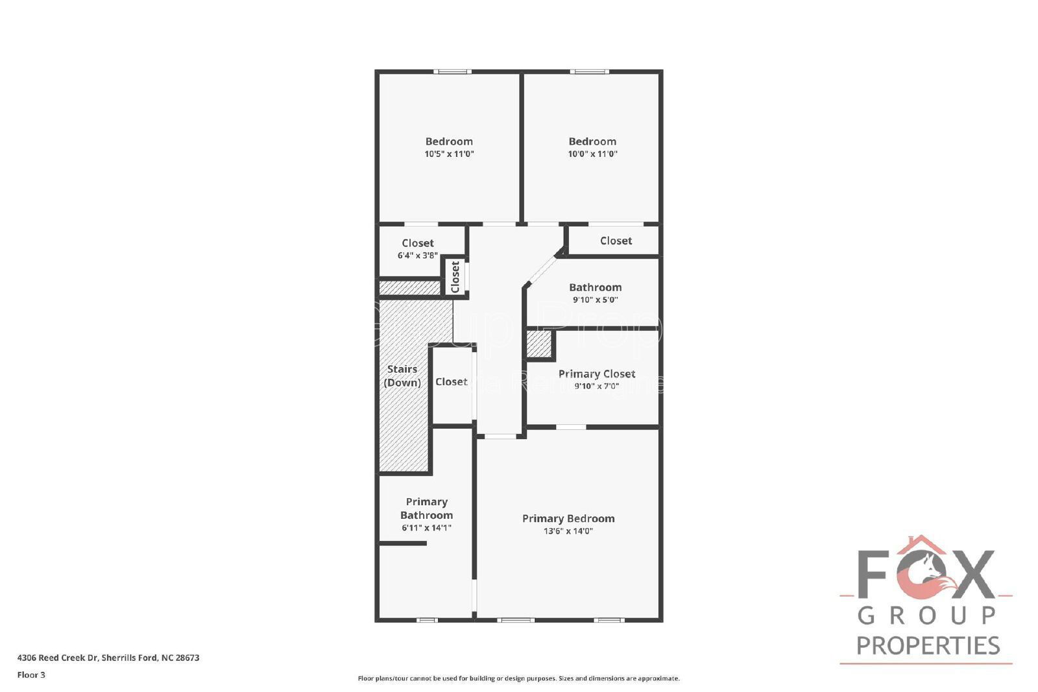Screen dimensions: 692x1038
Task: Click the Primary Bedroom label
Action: pyautogui.click(x=568, y=518)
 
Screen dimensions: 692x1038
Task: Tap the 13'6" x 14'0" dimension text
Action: pyautogui.click(x=568, y=531)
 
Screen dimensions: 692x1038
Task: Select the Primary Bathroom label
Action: pyautogui.click(x=426, y=508)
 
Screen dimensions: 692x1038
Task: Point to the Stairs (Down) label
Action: pyautogui.click(x=402, y=376)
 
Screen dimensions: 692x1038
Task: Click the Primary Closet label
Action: pyautogui.click(x=596, y=374)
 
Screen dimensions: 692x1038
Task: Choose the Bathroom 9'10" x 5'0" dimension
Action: pyautogui.click(x=595, y=300)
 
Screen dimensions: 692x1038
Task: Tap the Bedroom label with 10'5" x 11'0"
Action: pyautogui.click(x=449, y=141)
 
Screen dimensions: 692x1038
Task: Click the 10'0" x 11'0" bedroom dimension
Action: pyautogui.click(x=592, y=154)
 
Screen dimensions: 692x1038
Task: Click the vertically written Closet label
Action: pyautogui.click(x=455, y=277)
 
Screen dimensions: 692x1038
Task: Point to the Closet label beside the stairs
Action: pyautogui.click(x=451, y=382)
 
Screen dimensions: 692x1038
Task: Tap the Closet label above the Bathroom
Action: pyautogui.click(x=616, y=241)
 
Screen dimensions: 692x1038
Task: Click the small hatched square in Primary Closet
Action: pyautogui.click(x=538, y=344)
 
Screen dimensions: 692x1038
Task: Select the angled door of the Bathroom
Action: pyautogui.click(x=542, y=270)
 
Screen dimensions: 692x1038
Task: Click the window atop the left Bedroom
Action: pyautogui.click(x=452, y=71)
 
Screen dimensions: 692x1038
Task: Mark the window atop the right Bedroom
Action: pyautogui.click(x=590, y=71)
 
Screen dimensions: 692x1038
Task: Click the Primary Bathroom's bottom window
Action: pyautogui.click(x=427, y=620)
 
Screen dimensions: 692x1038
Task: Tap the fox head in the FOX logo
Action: pyautogui.click(x=932, y=575)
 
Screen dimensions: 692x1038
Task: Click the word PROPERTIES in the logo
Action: pyautogui.click(x=928, y=645)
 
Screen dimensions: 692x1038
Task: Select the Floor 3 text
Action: pyautogui.click(x=31, y=674)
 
